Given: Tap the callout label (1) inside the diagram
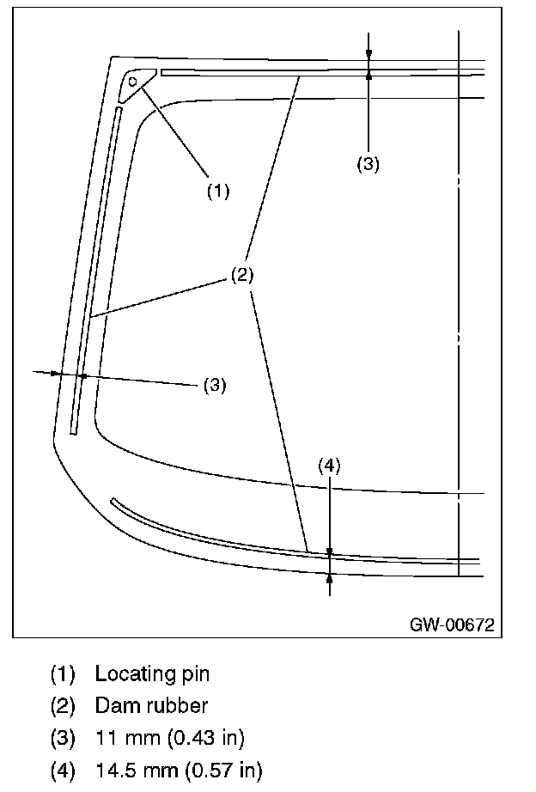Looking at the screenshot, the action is click(218, 191).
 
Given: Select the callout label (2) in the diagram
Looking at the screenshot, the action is click(241, 275).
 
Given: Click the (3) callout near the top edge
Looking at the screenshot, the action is click(368, 165).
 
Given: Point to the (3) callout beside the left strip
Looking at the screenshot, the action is click(214, 386).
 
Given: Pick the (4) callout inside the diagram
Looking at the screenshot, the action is click(330, 466).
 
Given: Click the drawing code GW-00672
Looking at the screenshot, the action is click(452, 624).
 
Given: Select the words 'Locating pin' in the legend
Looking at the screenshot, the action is click(152, 673).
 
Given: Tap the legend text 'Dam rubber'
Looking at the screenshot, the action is click(151, 706).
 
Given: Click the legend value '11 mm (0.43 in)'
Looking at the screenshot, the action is click(168, 738).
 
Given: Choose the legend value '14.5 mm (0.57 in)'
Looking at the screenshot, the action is click(179, 770).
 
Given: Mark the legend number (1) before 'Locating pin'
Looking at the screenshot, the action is click(63, 673).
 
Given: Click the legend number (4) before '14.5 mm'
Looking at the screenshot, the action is click(63, 770).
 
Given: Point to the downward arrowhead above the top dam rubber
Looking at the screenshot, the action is click(368, 54).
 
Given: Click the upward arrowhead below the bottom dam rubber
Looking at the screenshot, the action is click(330, 581).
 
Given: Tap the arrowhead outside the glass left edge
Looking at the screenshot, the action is click(56, 373).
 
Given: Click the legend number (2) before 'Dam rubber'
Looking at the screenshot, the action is click(63, 706).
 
